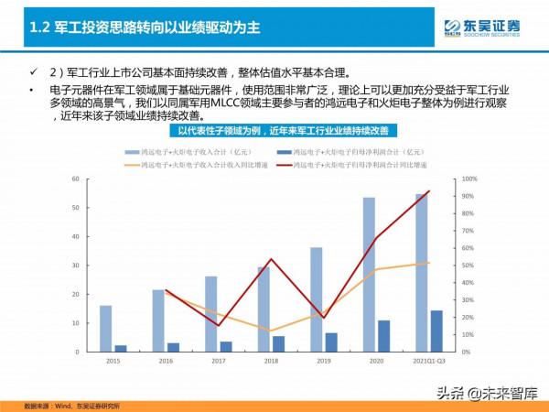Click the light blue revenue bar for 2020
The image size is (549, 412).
pyautogui.click(x=369, y=275)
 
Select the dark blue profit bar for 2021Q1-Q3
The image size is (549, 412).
pyautogui.click(x=436, y=331)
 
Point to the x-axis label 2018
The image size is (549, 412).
pyautogui.click(x=271, y=361)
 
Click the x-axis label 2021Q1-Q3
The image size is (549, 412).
pyautogui.click(x=428, y=361)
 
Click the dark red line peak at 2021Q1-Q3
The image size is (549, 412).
pyautogui.click(x=429, y=191)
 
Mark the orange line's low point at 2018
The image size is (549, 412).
pyautogui.click(x=271, y=331)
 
